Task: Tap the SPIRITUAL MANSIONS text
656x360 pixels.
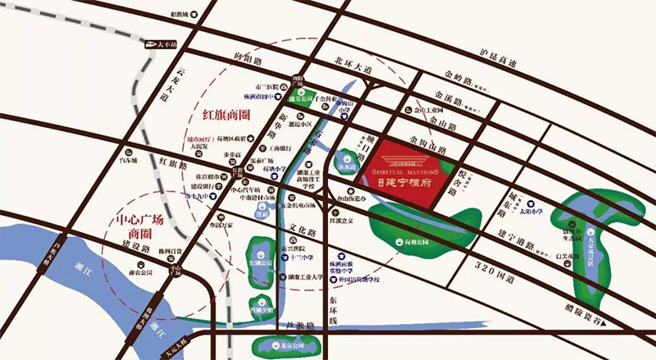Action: tap(407, 173)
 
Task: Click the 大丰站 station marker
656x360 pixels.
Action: tap(157, 46)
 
